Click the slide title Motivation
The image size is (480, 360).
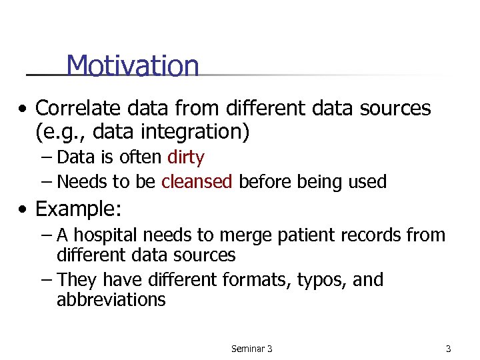(x=132, y=66)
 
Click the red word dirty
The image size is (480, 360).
(x=186, y=157)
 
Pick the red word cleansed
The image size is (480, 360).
(x=197, y=181)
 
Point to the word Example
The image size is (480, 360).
(x=77, y=209)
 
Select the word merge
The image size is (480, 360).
(x=225, y=235)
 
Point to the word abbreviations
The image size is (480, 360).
(x=111, y=300)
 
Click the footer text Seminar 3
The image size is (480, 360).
(x=251, y=349)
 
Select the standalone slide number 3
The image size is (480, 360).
(x=448, y=349)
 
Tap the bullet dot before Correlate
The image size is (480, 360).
(x=24, y=109)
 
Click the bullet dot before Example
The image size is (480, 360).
(x=24, y=210)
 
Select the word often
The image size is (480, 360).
(x=141, y=157)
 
